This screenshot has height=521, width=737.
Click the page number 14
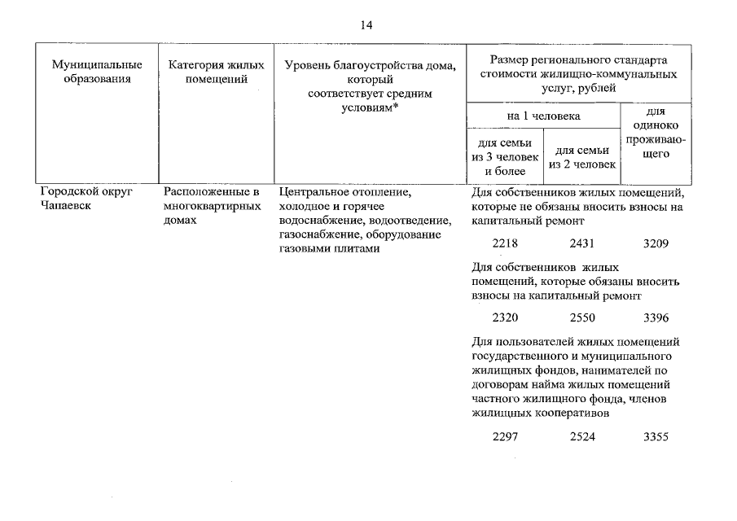pyautogui.click(x=366, y=26)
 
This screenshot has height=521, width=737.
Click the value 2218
pyautogui.click(x=506, y=243)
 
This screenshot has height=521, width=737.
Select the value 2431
pyautogui.click(x=582, y=243)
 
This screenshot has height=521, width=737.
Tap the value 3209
pyautogui.click(x=656, y=243)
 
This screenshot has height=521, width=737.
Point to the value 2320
pyautogui.click(x=506, y=317)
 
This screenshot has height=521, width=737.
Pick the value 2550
pyautogui.click(x=582, y=317)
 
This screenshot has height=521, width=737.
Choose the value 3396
pyautogui.click(x=656, y=317)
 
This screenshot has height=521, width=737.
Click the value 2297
pyautogui.click(x=506, y=437)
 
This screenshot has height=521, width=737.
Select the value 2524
pyautogui.click(x=582, y=437)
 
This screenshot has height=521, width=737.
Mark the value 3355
pyautogui.click(x=656, y=437)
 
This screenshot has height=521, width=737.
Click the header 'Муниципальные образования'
pyautogui.click(x=97, y=72)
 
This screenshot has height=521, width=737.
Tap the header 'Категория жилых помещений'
pyautogui.click(x=212, y=72)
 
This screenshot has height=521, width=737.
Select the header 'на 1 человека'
pyautogui.click(x=543, y=116)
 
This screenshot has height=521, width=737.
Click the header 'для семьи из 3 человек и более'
pyautogui.click(x=505, y=157)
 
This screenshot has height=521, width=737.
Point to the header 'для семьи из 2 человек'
pyautogui.click(x=582, y=157)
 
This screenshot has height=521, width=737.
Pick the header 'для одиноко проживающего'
pyautogui.click(x=656, y=131)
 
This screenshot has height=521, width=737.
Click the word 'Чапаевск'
pyautogui.click(x=64, y=207)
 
